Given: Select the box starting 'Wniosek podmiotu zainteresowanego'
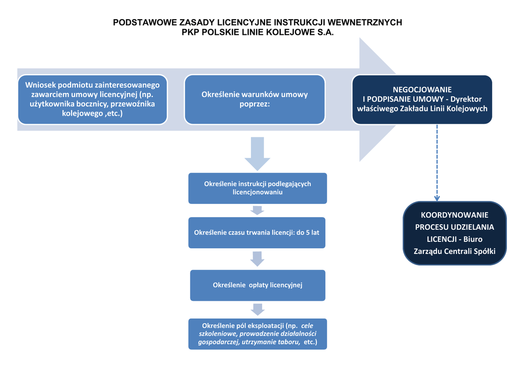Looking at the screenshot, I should (92, 99).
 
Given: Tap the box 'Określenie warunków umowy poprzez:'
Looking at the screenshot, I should (254, 99).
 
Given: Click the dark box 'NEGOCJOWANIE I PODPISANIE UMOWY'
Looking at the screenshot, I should (422, 99).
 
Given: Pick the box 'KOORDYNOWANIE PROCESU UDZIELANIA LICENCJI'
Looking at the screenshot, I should (455, 233).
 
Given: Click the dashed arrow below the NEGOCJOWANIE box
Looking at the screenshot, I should (437, 162).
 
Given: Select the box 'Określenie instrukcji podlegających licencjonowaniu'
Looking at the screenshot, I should (257, 188).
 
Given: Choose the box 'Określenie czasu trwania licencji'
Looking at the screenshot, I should (257, 233).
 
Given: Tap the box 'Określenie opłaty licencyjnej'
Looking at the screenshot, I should (257, 285).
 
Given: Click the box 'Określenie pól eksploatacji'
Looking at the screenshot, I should (257, 334).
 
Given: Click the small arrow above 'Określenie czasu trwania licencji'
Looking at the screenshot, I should (257, 211).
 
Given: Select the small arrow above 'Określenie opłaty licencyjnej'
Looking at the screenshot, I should (257, 258).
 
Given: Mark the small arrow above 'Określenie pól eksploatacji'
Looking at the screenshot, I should (257, 309).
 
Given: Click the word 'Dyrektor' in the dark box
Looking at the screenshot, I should (467, 99).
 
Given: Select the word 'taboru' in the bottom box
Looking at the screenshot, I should (289, 342).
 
